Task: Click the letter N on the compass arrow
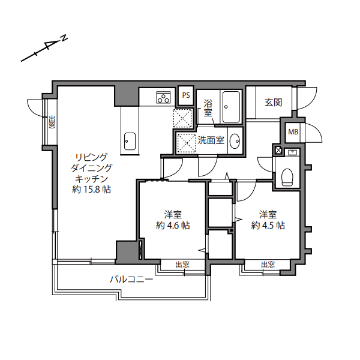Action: [64, 40]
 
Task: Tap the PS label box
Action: [186, 95]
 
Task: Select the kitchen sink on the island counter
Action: [130, 142]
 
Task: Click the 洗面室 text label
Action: [211, 141]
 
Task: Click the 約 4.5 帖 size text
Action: [268, 226]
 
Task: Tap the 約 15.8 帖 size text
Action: [91, 190]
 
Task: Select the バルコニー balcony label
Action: [131, 279]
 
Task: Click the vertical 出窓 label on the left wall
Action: [52, 122]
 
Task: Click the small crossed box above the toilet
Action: [278, 150]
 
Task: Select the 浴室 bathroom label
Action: [208, 107]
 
